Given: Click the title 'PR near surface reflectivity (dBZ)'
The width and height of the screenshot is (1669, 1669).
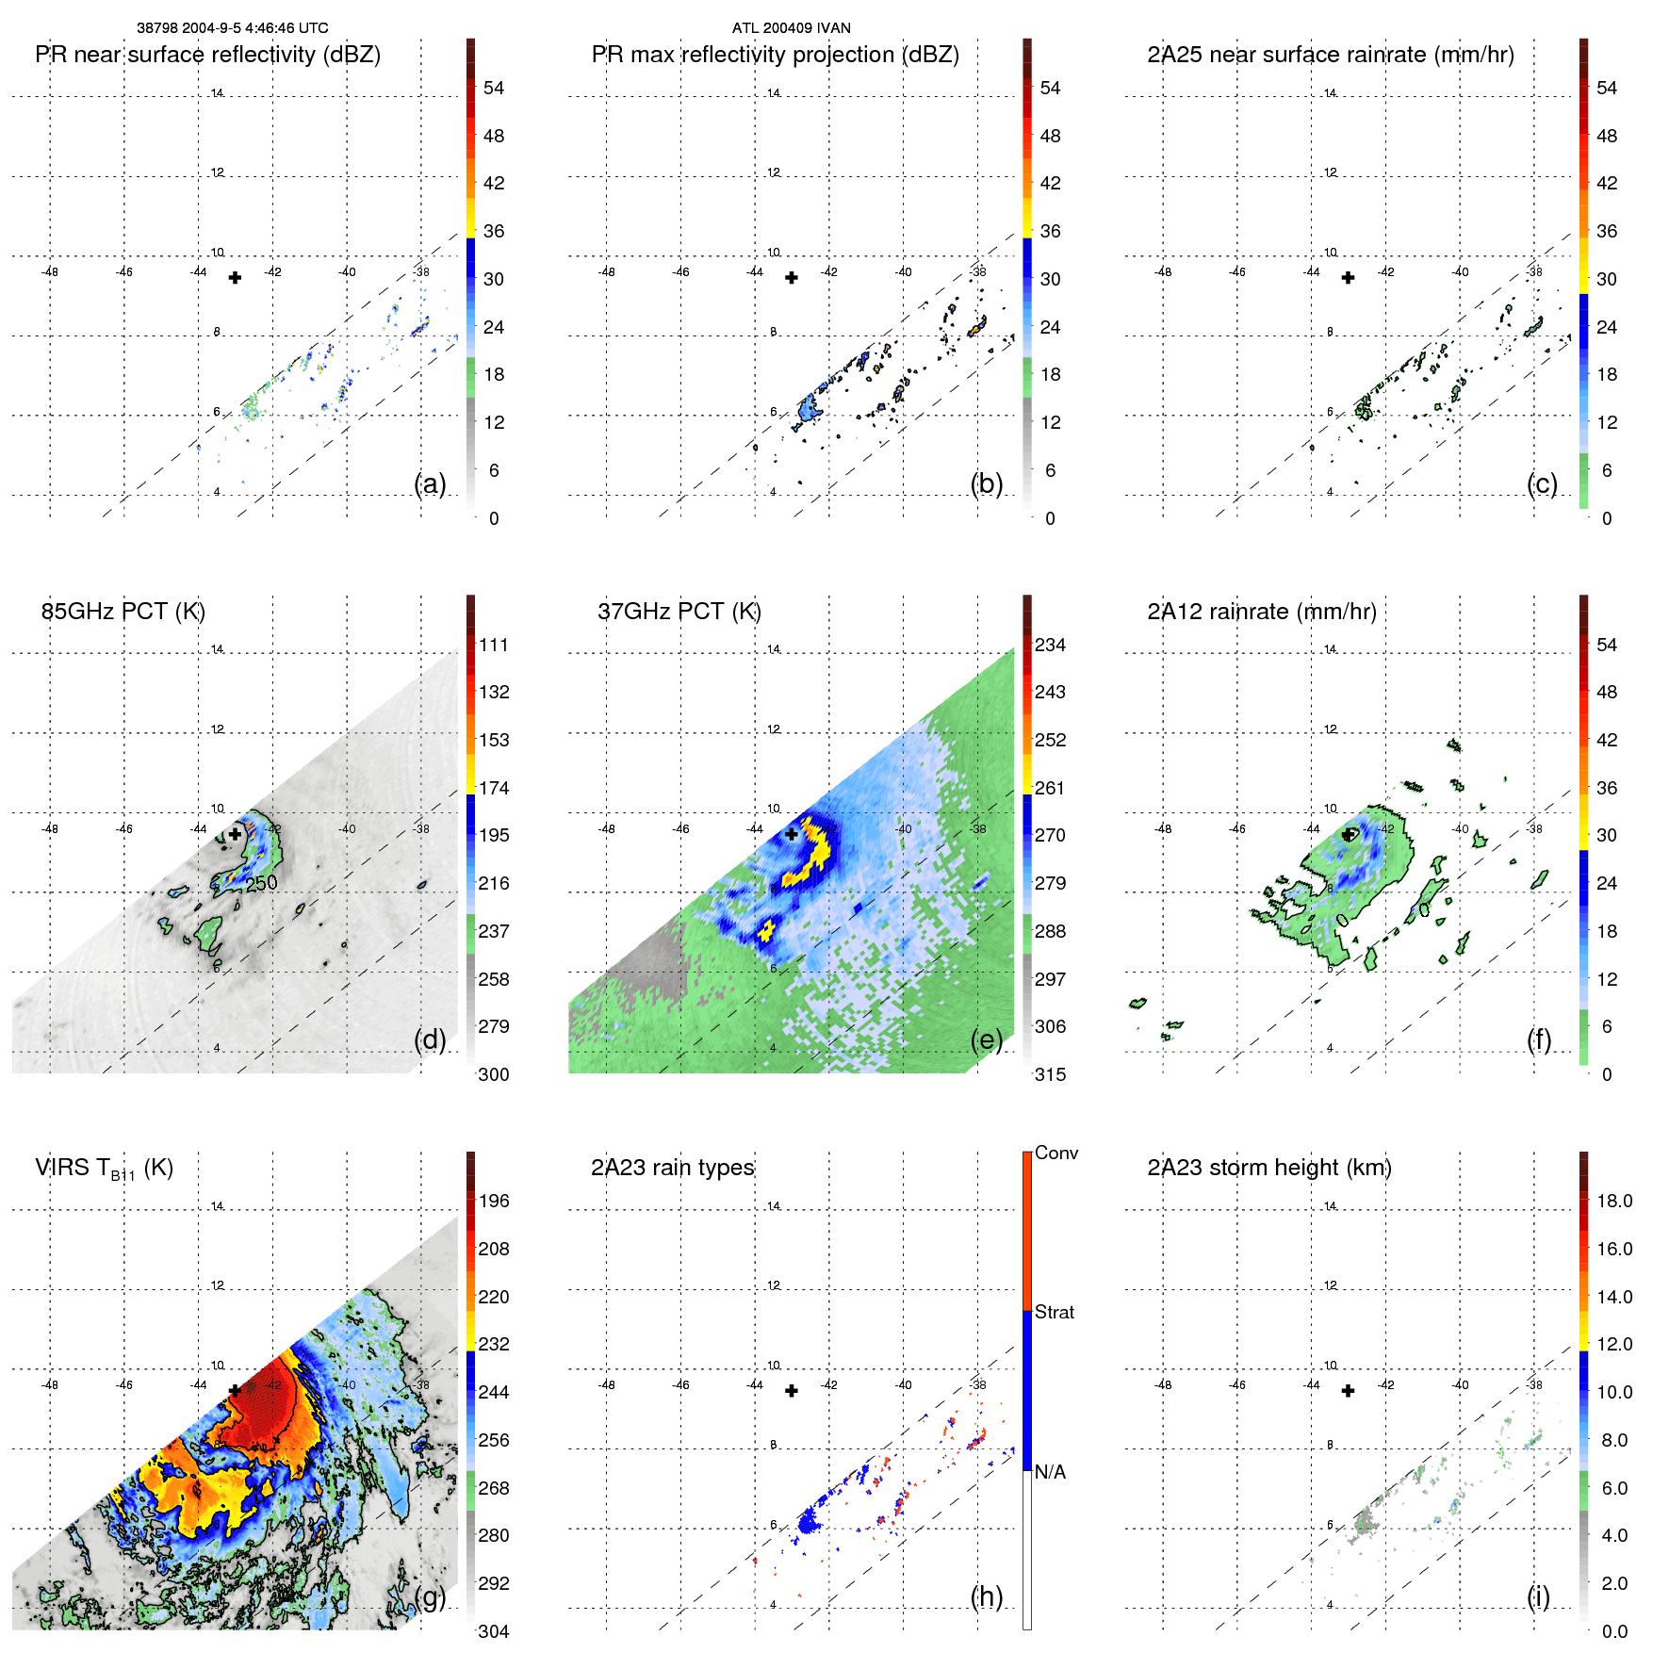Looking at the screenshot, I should [207, 55].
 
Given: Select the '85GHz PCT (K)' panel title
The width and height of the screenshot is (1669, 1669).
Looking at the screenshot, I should [123, 612].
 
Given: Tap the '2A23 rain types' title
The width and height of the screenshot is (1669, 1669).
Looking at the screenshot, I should [672, 1168].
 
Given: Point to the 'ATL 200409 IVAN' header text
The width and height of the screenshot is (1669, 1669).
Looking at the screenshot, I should [791, 28].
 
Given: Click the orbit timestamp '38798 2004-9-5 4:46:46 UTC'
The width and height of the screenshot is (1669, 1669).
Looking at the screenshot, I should [232, 28].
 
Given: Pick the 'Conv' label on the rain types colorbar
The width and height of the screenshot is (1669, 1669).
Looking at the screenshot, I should [1055, 1153].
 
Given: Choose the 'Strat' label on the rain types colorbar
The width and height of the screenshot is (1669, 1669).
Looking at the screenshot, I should [1054, 1312].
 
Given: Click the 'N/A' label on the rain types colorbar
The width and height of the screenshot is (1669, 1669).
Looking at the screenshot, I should [1051, 1472].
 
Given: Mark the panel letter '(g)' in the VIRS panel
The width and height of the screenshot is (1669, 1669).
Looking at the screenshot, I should [430, 1596].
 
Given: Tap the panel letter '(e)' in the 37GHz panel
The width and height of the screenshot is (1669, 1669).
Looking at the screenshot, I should [986, 1039].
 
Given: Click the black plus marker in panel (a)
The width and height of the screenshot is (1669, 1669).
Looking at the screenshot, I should [235, 277].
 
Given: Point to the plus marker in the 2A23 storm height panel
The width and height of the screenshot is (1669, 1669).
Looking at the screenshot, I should [1348, 1390].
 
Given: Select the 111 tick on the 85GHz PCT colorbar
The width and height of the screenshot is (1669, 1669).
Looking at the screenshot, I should [493, 645].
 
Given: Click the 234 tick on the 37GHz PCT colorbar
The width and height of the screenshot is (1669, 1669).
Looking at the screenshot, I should [1050, 645].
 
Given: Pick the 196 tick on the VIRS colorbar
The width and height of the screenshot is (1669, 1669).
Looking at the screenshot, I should [493, 1201].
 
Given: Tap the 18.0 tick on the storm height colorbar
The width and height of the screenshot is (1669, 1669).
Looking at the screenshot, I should [1613, 1201].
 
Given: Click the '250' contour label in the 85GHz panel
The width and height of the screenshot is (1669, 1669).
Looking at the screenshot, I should [262, 883].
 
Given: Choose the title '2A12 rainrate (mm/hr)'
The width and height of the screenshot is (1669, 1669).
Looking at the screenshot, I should [1261, 612].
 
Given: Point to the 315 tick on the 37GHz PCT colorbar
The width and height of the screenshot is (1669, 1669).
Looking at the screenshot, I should [1050, 1074].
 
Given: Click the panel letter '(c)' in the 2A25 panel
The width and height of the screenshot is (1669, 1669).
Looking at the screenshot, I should [1542, 483].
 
